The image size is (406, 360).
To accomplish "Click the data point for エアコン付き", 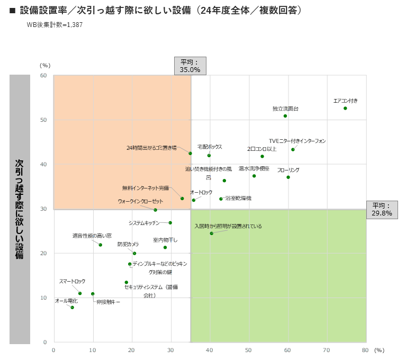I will [345, 108].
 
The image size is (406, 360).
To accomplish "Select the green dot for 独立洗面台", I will [285, 116].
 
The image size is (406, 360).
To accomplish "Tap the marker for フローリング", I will [288, 177].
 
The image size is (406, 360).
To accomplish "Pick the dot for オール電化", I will [72, 308].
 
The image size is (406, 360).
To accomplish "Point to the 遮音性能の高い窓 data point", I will [100, 245].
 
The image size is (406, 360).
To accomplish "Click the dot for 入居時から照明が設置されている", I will [211, 233].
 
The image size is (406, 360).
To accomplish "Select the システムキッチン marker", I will [170, 223].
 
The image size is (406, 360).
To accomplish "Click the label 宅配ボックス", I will [210, 147].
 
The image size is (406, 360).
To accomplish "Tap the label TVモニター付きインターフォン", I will [297, 141].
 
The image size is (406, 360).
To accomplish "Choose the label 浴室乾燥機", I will [238, 198].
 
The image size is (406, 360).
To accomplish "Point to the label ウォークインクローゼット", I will [141, 201].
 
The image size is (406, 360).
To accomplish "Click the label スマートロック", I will [72, 282].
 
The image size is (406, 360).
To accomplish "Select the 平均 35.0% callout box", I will [190, 66].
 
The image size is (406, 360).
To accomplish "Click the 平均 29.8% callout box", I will [382, 210].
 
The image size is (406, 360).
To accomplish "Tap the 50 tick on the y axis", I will [44, 120].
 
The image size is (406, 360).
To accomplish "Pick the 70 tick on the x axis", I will [326, 350].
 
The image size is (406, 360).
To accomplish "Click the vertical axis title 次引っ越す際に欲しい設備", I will [20, 209].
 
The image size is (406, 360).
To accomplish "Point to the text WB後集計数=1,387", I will [55, 24].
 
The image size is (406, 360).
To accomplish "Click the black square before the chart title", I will [12, 10].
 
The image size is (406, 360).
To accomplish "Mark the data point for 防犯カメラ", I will [134, 253].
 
